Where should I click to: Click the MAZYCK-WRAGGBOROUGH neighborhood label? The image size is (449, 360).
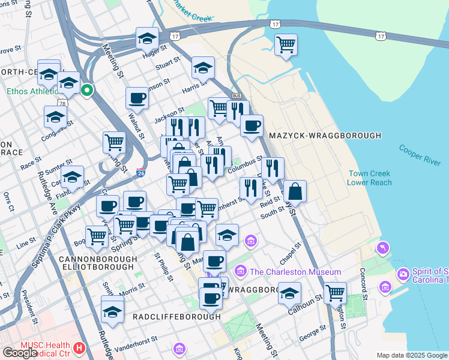[325, 136]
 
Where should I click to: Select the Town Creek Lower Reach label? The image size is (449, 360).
[370, 178]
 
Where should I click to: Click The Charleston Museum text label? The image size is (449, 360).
[287, 272]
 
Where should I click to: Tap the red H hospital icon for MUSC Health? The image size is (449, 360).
[78, 347]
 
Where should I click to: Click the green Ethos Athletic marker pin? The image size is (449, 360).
[87, 91]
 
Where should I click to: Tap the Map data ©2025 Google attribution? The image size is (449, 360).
[411, 355]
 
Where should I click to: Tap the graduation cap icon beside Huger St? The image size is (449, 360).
[147, 38]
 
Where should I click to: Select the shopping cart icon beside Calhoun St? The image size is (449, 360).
[336, 293]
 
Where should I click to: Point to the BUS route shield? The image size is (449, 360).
[236, 96]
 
